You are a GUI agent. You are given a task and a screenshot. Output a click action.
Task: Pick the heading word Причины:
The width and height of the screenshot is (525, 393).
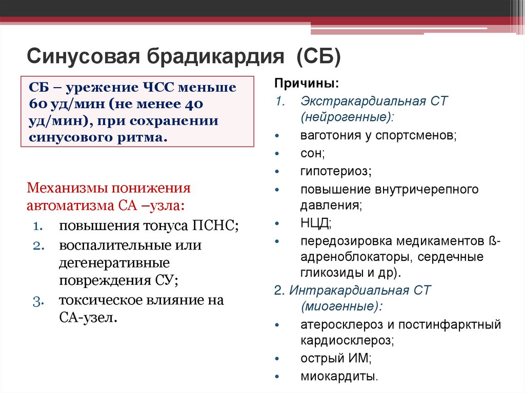[299, 84]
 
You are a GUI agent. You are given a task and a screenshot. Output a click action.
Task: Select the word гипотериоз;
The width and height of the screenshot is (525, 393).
[336, 171]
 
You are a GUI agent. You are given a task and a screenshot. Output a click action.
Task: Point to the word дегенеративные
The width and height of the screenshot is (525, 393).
[114, 263]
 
